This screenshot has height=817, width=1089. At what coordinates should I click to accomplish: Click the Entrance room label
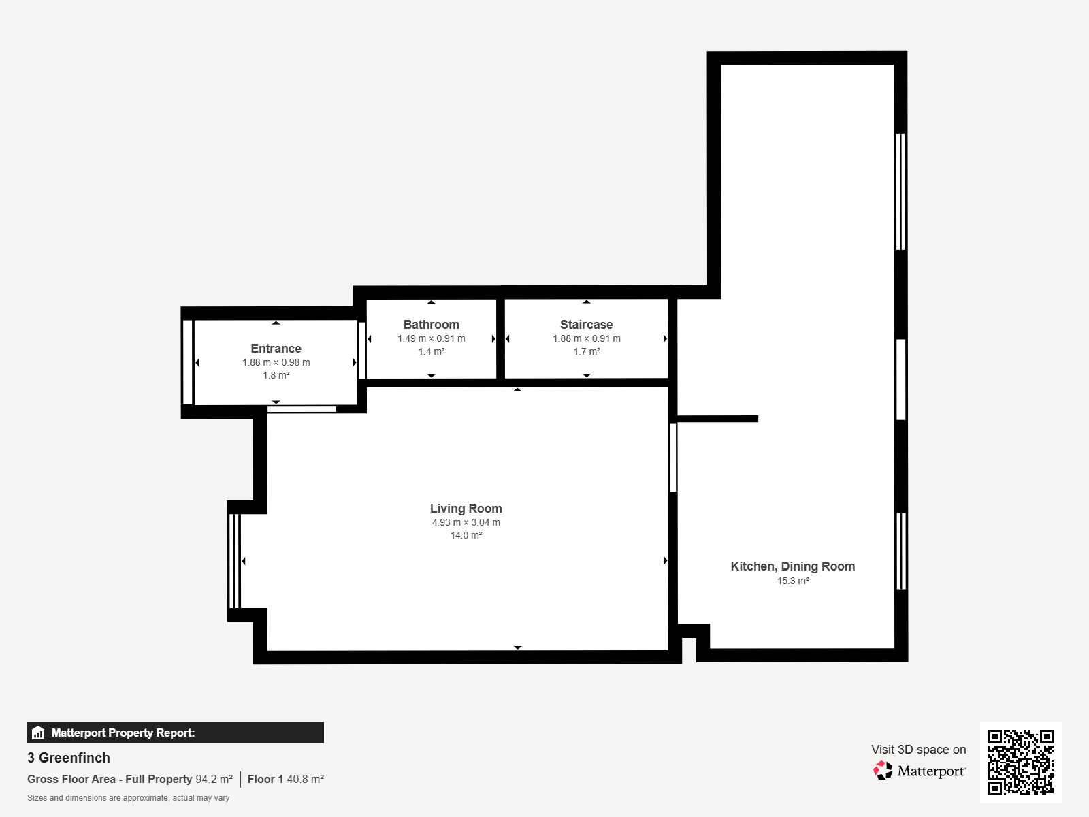(x=276, y=348)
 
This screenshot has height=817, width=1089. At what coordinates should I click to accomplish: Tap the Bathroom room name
(x=431, y=325)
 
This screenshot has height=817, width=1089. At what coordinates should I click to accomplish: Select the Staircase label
(x=587, y=325)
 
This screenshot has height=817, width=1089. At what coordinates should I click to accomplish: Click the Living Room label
(x=466, y=509)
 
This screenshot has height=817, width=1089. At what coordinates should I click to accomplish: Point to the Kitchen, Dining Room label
(x=793, y=566)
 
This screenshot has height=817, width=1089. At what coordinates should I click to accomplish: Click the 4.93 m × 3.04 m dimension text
(x=466, y=522)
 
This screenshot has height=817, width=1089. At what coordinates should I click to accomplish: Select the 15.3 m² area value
(x=793, y=581)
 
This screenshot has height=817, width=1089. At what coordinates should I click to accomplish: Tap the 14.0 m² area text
(x=466, y=535)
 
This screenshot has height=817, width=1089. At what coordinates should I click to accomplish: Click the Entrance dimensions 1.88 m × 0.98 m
(x=276, y=363)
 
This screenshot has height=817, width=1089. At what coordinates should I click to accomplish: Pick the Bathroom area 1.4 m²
(x=431, y=352)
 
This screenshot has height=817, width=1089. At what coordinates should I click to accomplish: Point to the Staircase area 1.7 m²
(x=587, y=352)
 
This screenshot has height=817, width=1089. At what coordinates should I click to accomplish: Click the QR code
(x=1020, y=762)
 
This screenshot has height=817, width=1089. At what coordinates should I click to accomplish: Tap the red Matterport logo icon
(x=883, y=771)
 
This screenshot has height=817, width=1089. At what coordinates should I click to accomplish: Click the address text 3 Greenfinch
(x=69, y=758)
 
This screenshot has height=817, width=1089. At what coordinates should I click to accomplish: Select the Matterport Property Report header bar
(x=175, y=733)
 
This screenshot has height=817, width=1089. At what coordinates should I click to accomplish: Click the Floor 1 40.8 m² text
(x=285, y=780)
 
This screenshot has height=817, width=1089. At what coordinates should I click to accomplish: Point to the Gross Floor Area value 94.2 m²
(x=214, y=780)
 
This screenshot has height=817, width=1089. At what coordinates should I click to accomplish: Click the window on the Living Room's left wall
(x=235, y=561)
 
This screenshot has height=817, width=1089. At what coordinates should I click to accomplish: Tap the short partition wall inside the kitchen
(x=717, y=419)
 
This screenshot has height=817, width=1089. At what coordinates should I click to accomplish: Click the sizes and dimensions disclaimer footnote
(x=128, y=798)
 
